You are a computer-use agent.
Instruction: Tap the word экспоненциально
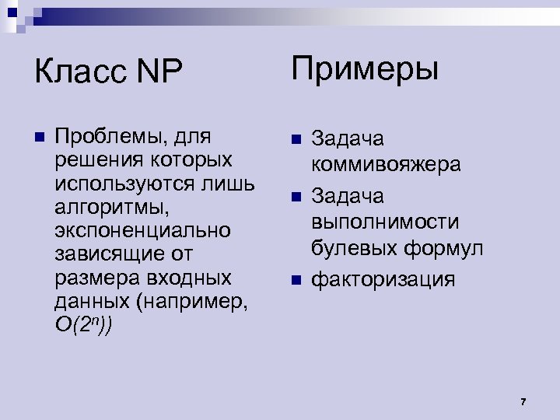[142, 230]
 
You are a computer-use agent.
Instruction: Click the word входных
[193, 278]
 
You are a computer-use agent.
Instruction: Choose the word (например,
[191, 301]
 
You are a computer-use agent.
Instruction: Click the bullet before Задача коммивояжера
[295, 139]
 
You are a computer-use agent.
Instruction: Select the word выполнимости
[385, 222]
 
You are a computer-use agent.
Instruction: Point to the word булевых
[354, 248]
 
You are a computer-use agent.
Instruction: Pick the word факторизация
[383, 278]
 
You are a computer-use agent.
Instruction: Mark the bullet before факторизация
[295, 278]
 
